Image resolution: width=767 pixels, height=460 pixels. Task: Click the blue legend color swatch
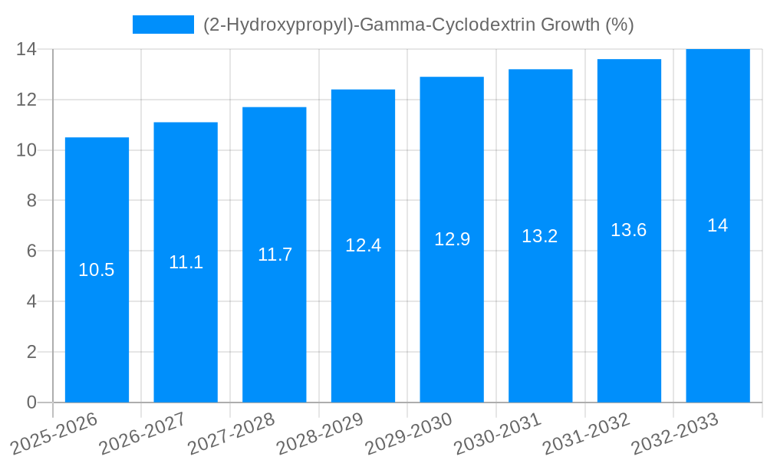[x=163, y=25]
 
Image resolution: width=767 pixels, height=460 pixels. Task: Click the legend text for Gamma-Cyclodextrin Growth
[x=418, y=25]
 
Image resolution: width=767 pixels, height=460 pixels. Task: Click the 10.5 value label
[x=97, y=270]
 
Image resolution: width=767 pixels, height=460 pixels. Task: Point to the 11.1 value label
[x=186, y=262]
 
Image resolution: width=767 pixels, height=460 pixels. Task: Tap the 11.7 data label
[x=275, y=255]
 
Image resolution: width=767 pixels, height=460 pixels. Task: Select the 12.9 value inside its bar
[x=452, y=239]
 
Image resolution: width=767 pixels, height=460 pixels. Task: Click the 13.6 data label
[x=629, y=230]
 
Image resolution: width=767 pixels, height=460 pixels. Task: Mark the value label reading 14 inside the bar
[x=717, y=225]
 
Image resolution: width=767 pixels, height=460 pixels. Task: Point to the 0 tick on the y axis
[x=31, y=402]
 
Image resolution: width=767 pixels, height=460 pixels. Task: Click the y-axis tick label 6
[x=31, y=251]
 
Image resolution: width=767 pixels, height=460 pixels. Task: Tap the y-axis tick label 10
[x=27, y=150]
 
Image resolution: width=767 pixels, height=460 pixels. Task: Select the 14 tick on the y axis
[x=27, y=49]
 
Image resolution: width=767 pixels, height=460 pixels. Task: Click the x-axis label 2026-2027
[x=142, y=434]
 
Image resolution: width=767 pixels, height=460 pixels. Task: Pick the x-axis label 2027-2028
[x=231, y=434]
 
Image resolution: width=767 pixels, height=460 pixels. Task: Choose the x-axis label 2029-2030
[x=408, y=434]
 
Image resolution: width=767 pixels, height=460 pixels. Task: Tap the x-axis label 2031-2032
[x=585, y=434]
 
